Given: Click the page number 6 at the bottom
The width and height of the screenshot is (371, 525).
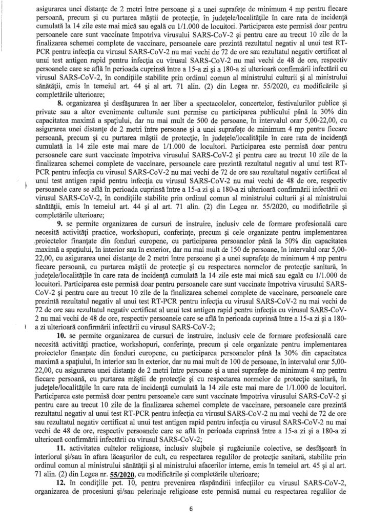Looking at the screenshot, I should (x=190, y=509).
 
